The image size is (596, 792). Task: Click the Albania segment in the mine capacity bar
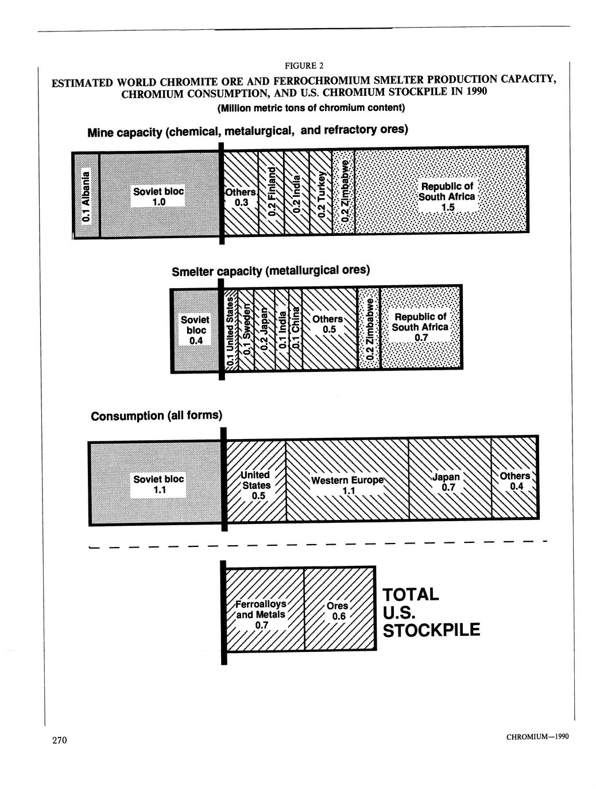coord(86,195)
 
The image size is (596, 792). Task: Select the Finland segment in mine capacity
coord(272,192)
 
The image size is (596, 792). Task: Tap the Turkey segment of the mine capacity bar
coord(320,192)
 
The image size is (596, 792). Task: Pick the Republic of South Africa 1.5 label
coord(447,197)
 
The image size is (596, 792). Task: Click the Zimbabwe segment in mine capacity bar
coord(343,191)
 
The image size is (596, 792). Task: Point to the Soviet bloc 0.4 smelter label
coord(195,330)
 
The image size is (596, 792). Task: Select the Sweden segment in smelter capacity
coord(246,330)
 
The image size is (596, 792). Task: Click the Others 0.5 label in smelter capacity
coord(328,324)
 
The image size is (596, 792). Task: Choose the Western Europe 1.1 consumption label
coord(347,486)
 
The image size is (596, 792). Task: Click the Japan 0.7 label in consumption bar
coord(447,482)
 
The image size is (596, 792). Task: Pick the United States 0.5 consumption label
coord(256,486)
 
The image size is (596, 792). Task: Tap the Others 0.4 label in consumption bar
coord(515,481)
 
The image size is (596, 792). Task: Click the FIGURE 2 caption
coord(304,65)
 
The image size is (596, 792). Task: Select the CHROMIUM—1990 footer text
coord(537,736)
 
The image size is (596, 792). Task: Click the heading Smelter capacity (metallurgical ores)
coord(271,271)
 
